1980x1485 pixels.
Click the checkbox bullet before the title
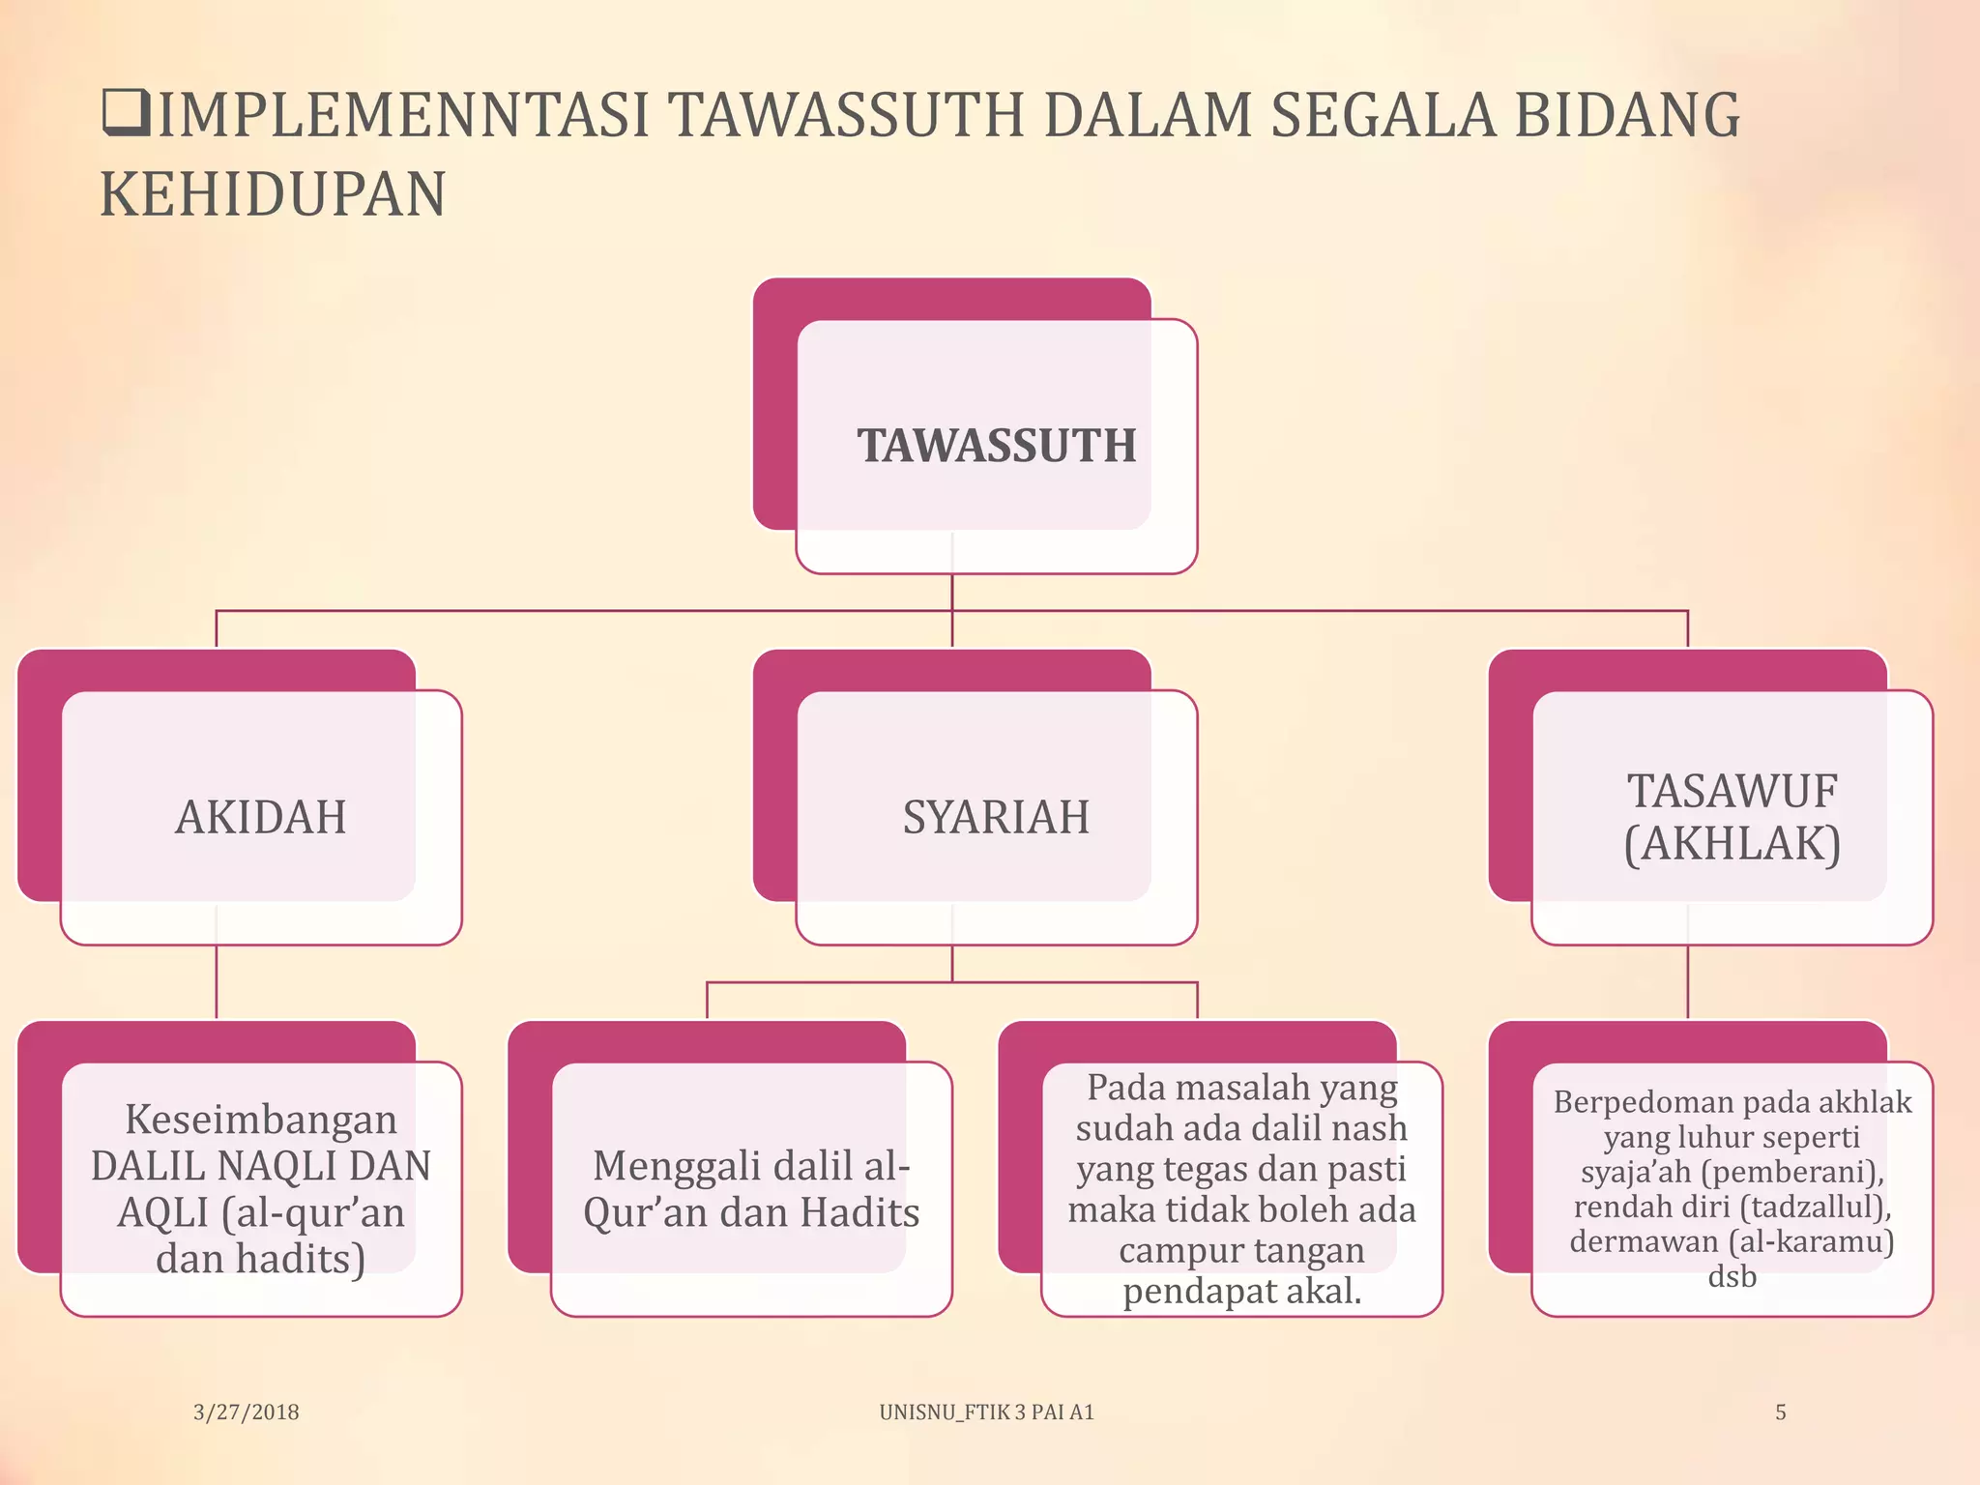tap(125, 112)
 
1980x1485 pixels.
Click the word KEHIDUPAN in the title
tap(273, 194)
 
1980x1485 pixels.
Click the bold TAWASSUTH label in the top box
tap(997, 446)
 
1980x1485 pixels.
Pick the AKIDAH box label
tap(261, 817)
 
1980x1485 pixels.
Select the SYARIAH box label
tap(996, 817)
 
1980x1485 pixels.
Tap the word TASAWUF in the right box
tap(1732, 791)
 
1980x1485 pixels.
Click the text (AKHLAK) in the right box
tap(1732, 843)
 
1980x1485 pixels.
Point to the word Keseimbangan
tap(261, 1120)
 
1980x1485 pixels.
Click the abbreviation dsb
tap(1732, 1276)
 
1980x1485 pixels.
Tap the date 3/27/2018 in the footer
tap(247, 1412)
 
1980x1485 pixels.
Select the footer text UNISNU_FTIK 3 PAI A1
tap(986, 1412)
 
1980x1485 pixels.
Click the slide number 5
tap(1780, 1412)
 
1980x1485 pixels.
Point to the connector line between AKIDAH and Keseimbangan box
tap(217, 981)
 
